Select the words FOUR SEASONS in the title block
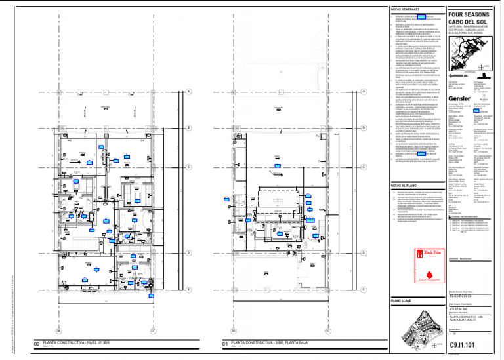(x=470, y=13)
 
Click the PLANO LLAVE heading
(x=401, y=300)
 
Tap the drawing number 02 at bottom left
(x=37, y=344)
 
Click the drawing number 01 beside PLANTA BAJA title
(x=224, y=344)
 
